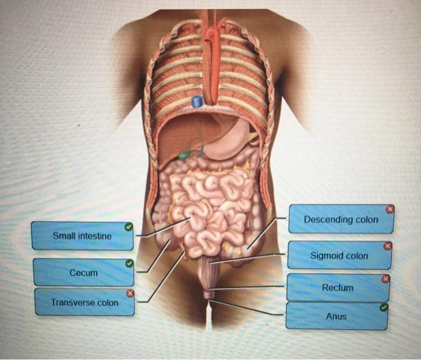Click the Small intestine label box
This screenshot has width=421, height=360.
[82, 236]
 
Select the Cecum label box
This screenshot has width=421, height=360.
[84, 273]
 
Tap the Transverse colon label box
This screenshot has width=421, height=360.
[84, 302]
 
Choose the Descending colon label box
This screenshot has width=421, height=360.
[341, 219]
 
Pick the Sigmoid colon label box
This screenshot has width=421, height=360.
[339, 256]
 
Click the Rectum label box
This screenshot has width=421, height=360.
[337, 288]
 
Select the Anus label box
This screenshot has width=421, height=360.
[336, 316]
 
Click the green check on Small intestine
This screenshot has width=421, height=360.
[129, 227]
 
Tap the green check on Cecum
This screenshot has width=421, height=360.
[129, 264]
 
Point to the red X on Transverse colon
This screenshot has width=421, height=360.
[129, 293]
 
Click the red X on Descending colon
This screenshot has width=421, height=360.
[390, 209]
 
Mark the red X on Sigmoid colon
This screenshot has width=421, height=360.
[387, 246]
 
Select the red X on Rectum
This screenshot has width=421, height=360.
[386, 278]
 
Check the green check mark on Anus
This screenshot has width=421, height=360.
[384, 307]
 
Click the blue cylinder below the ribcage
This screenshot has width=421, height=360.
[197, 102]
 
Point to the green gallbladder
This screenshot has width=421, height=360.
[186, 154]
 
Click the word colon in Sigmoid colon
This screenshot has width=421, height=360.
[357, 256]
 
